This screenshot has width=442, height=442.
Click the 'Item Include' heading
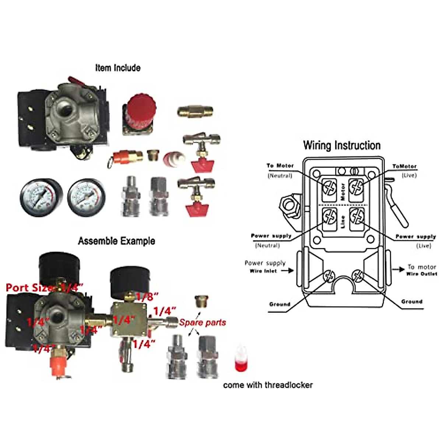[117, 68]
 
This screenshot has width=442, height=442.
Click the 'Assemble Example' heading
[116, 241]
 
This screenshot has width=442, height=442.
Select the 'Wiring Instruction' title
[341, 145]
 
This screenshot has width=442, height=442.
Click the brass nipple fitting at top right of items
[195, 110]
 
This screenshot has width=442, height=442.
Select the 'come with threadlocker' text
[268, 385]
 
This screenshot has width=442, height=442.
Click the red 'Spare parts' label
[202, 323]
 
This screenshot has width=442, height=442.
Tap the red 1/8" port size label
[147, 297]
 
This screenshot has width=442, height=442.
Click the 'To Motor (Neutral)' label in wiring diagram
[280, 170]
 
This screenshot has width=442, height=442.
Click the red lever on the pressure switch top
[76, 81]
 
